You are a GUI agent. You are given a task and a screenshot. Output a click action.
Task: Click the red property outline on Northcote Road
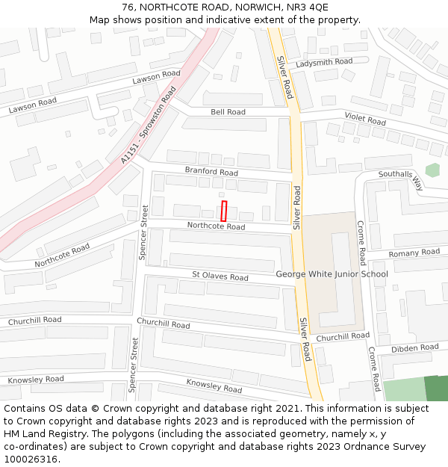click(224, 211)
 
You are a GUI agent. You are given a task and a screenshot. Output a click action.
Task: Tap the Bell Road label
click(228, 112)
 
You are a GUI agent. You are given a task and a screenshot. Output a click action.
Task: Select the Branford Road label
click(211, 172)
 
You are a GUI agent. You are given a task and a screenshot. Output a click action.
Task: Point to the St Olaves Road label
click(220, 276)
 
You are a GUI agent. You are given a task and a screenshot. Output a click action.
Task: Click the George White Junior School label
click(332, 274)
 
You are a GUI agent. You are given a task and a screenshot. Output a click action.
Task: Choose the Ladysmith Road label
click(324, 62)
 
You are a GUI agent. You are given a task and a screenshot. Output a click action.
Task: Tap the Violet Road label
click(365, 119)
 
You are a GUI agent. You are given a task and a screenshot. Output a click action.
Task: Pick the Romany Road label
click(414, 253)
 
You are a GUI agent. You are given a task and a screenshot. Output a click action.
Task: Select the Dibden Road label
click(415, 348)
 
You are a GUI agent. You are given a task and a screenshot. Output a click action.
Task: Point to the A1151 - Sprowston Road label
click(148, 125)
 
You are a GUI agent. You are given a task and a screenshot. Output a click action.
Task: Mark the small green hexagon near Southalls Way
click(432, 170)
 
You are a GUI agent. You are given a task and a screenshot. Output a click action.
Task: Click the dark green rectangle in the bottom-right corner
click(436, 389)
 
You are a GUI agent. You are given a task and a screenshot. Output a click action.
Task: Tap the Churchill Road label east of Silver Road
click(343, 337)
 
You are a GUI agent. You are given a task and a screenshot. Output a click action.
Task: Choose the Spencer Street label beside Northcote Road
click(144, 232)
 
